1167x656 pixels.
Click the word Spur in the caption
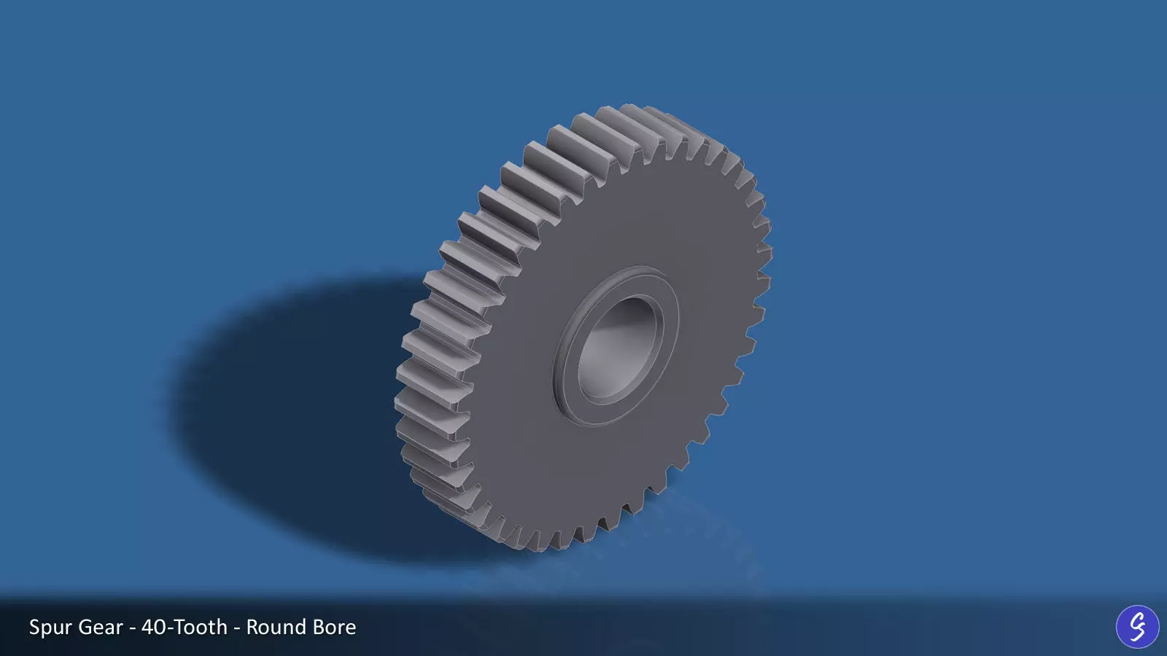pos(50,628)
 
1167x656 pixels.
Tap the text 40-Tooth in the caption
pos(185,627)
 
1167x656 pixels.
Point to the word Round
pos(275,627)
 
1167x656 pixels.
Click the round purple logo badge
pos(1137,626)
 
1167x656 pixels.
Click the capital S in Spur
pos(35,627)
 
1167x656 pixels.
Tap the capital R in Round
pos(252,627)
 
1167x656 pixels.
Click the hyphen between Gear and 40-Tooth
pos(132,628)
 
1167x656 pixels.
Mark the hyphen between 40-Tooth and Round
pos(237,628)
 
